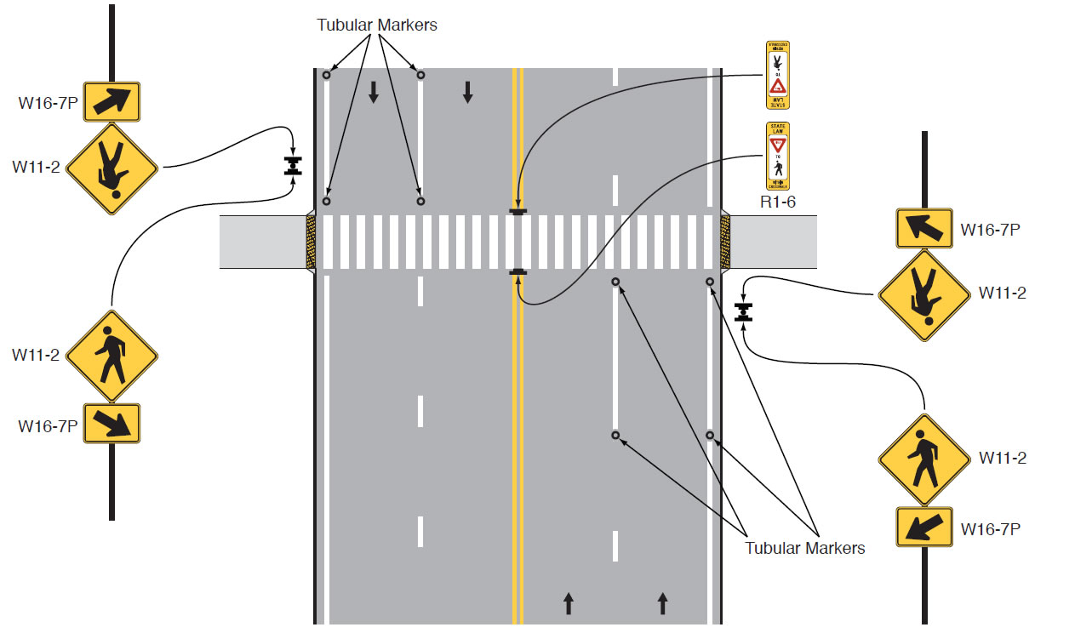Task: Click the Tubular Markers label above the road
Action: click(x=377, y=25)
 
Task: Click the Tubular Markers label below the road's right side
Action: click(x=805, y=548)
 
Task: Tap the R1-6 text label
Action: click(x=778, y=203)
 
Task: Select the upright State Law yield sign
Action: click(x=778, y=157)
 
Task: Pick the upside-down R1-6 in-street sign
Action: click(x=778, y=74)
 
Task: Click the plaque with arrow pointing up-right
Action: click(x=112, y=102)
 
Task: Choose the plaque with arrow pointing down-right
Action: click(x=112, y=424)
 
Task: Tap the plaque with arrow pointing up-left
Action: click(x=923, y=228)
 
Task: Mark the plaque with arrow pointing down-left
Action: click(x=923, y=527)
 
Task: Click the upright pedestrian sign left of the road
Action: click(x=112, y=356)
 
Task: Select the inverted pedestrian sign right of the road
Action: click(x=923, y=294)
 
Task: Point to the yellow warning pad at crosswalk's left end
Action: click(x=311, y=242)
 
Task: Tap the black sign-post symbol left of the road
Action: click(x=293, y=165)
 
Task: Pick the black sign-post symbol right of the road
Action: click(x=745, y=312)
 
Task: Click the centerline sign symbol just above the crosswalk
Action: click(x=517, y=210)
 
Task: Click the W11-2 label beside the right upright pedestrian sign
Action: click(x=1002, y=458)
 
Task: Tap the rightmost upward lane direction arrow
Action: click(x=663, y=604)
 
